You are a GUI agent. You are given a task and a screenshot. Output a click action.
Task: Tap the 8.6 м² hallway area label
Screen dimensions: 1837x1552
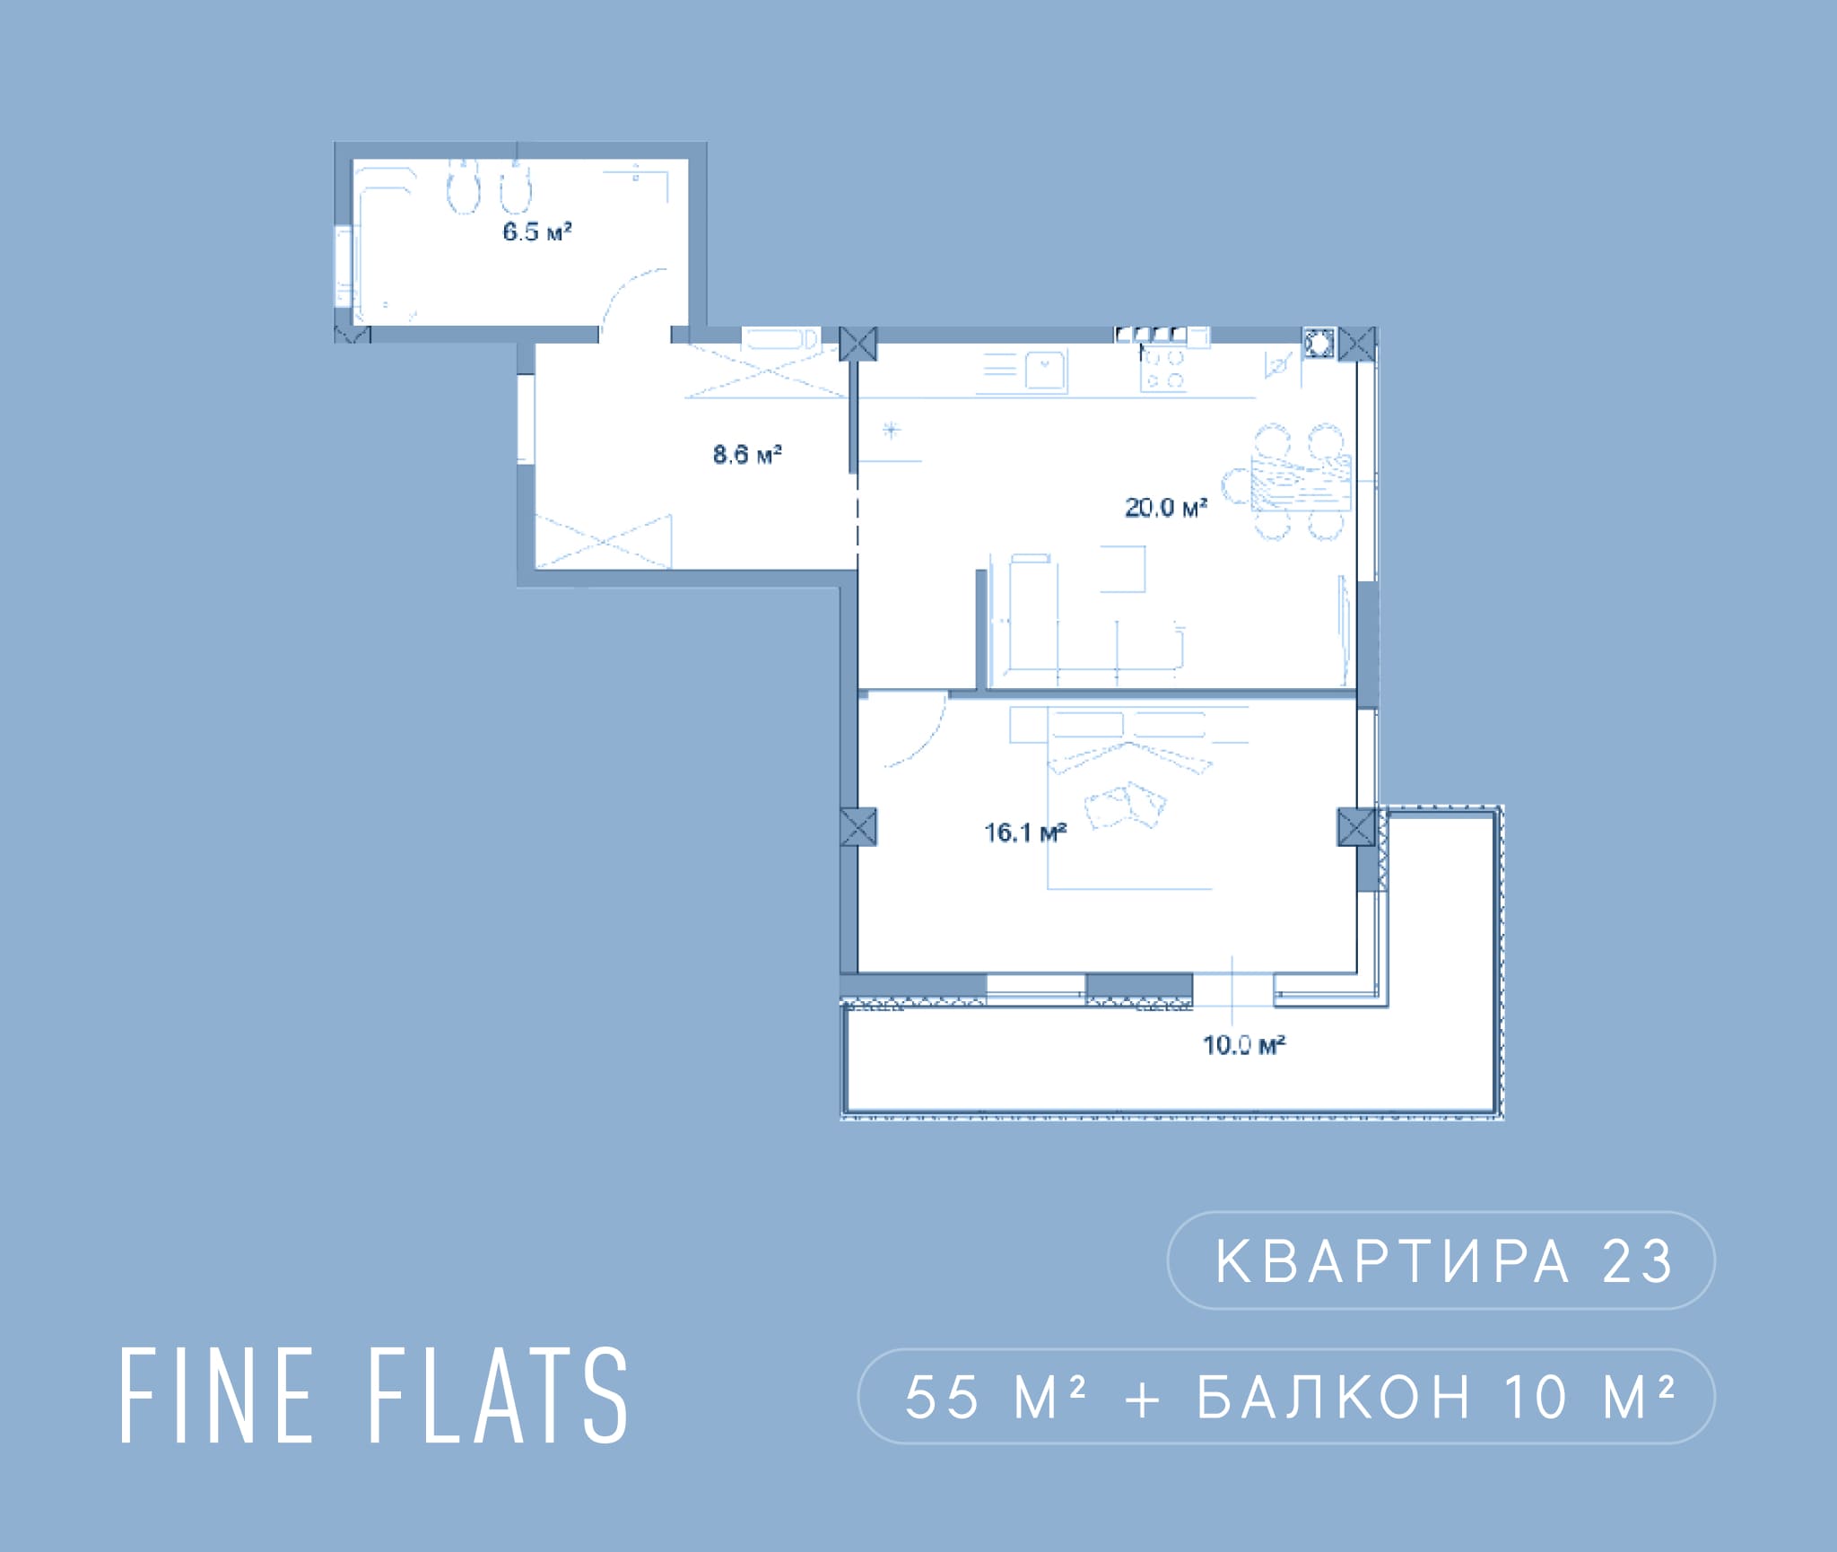[x=747, y=454]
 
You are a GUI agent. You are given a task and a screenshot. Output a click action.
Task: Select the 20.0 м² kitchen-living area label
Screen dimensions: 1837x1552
[x=1166, y=507]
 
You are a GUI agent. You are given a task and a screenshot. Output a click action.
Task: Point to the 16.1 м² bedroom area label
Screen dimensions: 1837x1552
[x=1025, y=833]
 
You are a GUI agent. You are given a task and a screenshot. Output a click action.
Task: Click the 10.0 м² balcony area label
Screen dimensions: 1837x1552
[x=1244, y=1044]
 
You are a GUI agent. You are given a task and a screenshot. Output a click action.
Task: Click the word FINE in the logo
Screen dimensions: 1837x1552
[x=216, y=1396]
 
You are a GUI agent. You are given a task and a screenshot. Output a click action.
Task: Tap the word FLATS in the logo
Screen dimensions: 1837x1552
[x=498, y=1396]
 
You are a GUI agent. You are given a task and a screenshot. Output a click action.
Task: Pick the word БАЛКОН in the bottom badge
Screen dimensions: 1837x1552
[x=1334, y=1398]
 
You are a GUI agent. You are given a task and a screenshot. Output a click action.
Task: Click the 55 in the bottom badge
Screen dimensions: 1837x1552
[x=941, y=1398]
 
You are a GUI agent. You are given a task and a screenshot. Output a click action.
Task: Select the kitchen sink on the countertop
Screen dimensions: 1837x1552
[x=1044, y=371]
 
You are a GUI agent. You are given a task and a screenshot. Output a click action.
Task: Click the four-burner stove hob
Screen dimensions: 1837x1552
[x=1163, y=369]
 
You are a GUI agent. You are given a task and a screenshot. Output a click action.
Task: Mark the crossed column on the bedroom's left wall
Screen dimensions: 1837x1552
[x=858, y=826]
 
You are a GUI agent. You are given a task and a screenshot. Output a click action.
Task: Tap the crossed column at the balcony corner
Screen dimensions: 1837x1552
[x=1356, y=826]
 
